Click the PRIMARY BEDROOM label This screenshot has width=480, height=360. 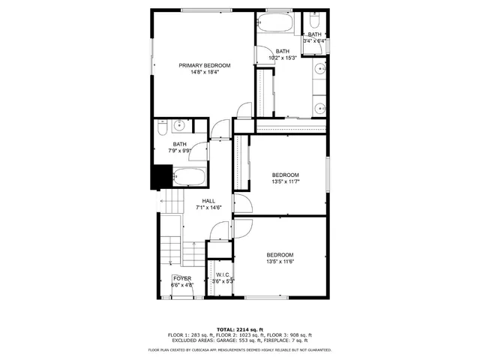point(204,66)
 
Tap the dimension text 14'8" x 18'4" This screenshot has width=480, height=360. point(204,73)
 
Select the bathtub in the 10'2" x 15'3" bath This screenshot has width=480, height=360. point(277,22)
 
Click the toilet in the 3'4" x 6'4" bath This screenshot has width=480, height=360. point(314,17)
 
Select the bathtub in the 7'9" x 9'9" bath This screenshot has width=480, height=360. point(190,178)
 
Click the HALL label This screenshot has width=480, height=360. point(208,201)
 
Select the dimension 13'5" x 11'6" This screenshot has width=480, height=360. point(280,262)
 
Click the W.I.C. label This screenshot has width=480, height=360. point(223,274)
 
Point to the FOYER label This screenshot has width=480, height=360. point(182,278)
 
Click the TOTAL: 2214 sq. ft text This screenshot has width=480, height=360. point(239,329)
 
